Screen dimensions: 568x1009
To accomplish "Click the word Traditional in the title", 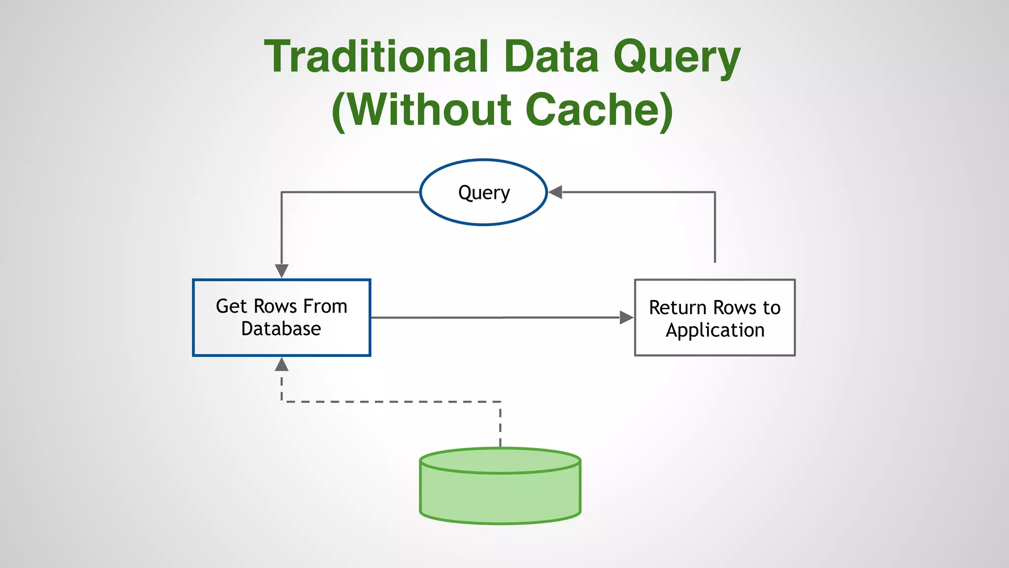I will (x=376, y=57).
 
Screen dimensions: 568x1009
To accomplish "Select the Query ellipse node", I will (x=484, y=192).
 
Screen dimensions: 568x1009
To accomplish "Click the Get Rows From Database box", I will (x=281, y=318).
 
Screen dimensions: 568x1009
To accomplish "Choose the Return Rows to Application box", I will (x=714, y=318).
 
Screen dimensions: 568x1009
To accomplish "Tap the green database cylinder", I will (x=500, y=496).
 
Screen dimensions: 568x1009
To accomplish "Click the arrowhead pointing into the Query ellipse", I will (x=555, y=192).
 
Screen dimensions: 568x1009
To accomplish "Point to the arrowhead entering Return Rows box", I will (x=626, y=318).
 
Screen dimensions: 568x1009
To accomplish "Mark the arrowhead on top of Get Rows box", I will (x=281, y=271).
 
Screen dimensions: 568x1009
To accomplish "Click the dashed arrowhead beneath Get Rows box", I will (x=281, y=364).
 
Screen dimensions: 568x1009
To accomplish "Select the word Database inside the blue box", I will (x=281, y=329).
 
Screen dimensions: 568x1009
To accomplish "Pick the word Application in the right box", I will (x=715, y=330).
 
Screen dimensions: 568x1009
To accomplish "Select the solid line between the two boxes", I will (x=493, y=318).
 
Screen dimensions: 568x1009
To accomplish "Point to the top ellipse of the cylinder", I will (x=500, y=461).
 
